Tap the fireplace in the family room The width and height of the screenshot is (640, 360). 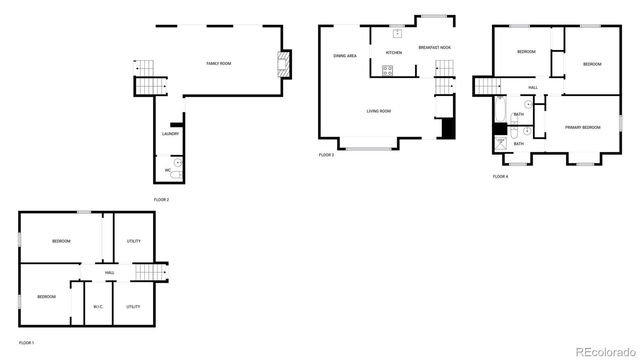coord(283,66)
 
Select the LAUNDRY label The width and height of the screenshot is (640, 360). coord(170,134)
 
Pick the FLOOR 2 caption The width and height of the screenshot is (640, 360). coord(161,200)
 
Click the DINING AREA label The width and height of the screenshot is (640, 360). coord(346,56)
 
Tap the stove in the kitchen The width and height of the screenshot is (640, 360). coord(387,70)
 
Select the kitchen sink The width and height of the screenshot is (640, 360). coord(397,33)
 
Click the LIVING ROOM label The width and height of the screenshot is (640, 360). coord(378,111)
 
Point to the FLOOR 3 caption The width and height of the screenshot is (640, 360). coord(326,155)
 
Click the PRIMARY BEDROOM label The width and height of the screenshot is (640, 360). coord(582,127)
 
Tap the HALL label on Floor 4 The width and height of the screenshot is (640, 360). coord(533,88)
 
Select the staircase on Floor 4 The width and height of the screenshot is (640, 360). coord(486,88)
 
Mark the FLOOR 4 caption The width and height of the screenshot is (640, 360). coord(500,177)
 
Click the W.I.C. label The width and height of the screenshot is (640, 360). coord(98,306)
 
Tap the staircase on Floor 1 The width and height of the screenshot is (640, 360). coord(148,272)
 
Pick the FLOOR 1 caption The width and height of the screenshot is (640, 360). coord(26,343)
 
